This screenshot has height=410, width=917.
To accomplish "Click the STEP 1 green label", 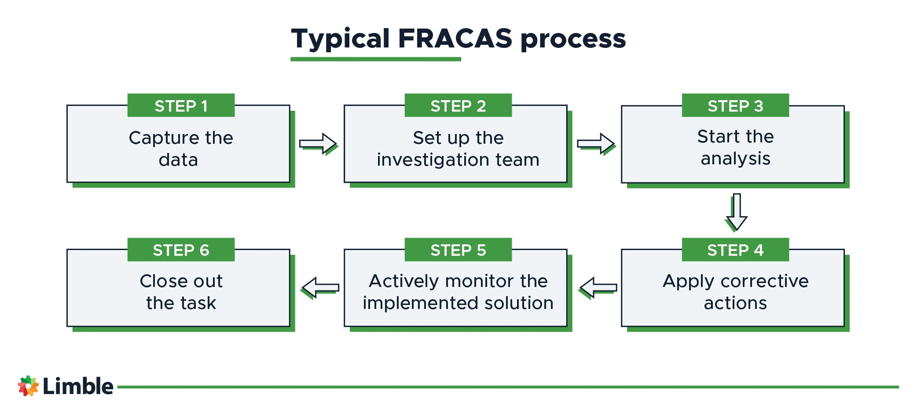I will point(181,105).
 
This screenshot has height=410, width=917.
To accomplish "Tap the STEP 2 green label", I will point(458,105).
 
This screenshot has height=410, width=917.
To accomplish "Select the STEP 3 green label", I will point(735,105).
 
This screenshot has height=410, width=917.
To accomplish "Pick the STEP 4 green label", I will point(735,250).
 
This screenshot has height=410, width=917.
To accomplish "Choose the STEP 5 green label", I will point(458,250).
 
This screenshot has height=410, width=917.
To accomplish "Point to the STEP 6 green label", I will point(181,250).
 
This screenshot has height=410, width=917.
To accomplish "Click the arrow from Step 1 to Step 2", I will point(318,144).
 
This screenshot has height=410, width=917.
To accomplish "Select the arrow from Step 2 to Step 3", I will point(596,144).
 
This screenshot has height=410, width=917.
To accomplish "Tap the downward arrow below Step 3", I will point(737,212).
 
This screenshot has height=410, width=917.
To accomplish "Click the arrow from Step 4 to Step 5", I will point(598,288).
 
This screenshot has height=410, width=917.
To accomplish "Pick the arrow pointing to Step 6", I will point(321,288).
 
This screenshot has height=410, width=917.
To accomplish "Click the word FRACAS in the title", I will point(455,39).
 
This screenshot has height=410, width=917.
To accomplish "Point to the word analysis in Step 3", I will point(735,159).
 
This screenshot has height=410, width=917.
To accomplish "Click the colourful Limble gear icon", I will point(28,386).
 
